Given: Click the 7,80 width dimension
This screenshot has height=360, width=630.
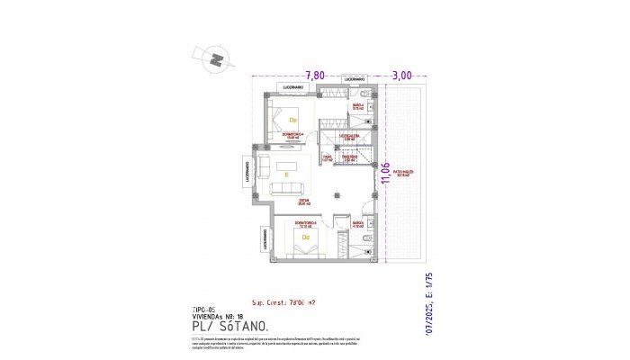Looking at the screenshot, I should (314, 76).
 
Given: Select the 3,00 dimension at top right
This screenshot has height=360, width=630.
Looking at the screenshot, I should (401, 76).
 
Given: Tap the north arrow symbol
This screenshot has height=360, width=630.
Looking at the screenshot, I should (216, 58).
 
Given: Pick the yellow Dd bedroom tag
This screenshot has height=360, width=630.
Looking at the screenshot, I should (306, 238).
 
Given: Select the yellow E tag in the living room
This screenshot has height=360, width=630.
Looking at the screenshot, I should (285, 175).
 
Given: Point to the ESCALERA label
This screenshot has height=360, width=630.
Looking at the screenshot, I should (350, 137).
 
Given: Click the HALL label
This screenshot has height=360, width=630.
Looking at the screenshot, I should (328, 157).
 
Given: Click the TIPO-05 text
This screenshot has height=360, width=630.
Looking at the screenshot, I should (206, 308).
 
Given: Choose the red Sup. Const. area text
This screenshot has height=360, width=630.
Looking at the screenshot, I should (285, 303).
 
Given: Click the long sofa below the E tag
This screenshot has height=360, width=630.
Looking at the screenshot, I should (288, 187).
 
